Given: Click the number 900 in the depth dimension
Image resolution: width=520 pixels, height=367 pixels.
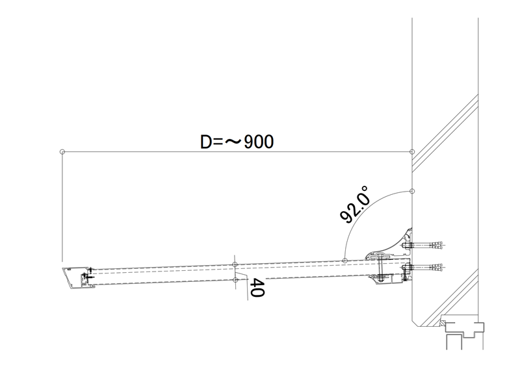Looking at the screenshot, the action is pos(259,142).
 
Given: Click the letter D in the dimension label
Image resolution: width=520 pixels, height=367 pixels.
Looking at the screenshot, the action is pos(205,142).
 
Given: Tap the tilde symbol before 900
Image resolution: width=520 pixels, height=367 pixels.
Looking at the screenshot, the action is pos(233,142).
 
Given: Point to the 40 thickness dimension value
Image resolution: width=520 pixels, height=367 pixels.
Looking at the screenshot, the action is pos(257,288).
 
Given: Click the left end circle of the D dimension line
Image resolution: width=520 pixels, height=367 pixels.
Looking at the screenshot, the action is pos(62,152).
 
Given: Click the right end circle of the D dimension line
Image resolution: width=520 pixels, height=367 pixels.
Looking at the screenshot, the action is pos(412,152).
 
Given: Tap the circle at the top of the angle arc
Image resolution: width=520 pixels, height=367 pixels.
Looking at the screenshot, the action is pos(412,191).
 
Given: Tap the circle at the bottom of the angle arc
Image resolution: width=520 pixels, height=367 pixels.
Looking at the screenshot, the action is pos(344,261).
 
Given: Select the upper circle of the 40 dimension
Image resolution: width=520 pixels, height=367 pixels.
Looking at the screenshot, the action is pos(235,264).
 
